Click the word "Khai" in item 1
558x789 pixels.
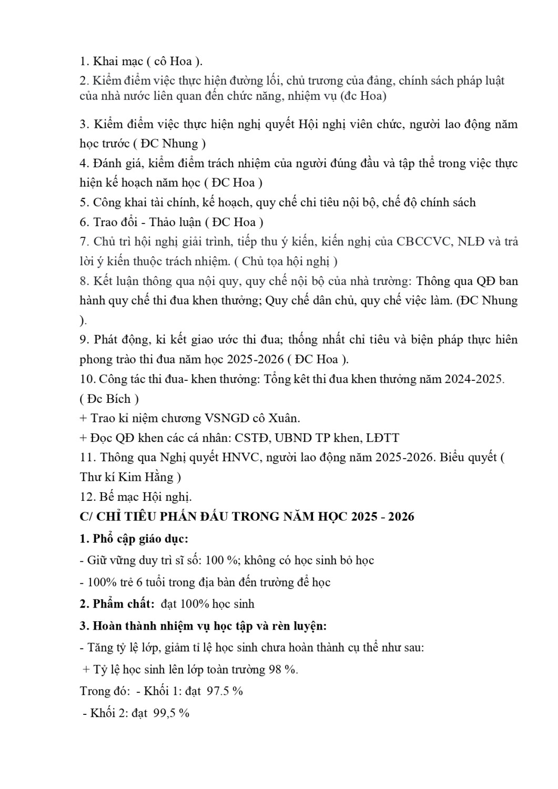pos(105,62)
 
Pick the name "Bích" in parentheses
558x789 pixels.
pos(119,399)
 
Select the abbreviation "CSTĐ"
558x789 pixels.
pos(253,438)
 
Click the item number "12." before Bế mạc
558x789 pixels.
pos(88,497)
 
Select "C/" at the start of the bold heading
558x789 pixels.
pos(86,517)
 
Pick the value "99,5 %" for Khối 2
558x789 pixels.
pos(171,713)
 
